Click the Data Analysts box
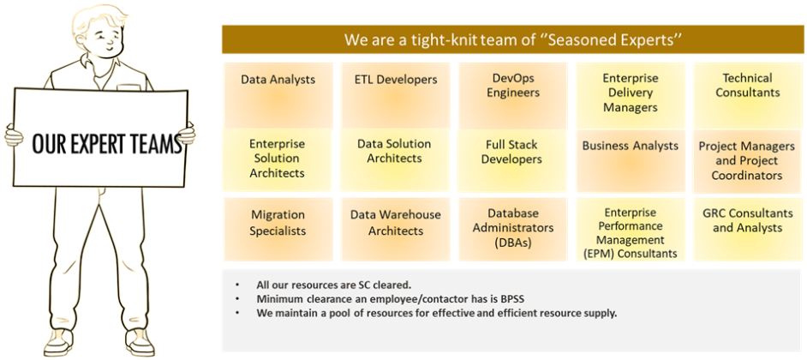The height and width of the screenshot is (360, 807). pos(278,96)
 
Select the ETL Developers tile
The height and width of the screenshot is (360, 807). pos(396,96)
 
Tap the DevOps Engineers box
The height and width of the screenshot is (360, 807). pos(513,96)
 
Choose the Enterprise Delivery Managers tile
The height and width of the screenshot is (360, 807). pos(631,96)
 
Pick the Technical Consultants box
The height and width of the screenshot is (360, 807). pos(748,96)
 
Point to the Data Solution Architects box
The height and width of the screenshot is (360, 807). pos(395,160)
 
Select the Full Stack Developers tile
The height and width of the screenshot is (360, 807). pos(511,160)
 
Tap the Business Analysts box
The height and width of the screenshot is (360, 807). pos(631,160)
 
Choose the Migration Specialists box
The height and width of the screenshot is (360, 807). pos(278,229)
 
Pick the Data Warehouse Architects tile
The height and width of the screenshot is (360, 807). pos(396,229)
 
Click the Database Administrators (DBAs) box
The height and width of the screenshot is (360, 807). pos(513,229)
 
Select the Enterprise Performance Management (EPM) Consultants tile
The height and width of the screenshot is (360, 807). pos(631,229)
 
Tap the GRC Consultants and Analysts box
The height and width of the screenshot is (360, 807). pos(748,229)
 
